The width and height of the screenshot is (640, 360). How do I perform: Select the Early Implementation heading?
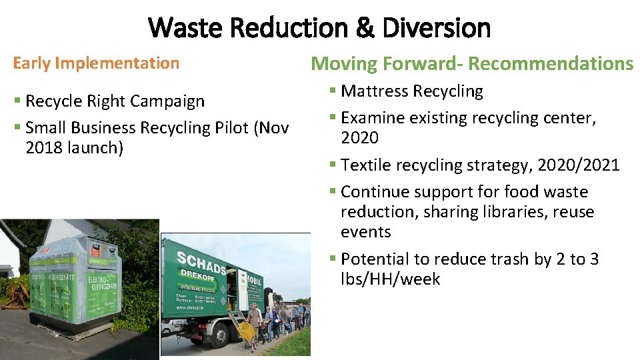pyautogui.click(x=96, y=63)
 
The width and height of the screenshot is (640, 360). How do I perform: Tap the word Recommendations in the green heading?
pyautogui.click(x=550, y=64)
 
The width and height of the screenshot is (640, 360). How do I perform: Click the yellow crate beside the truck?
pyautogui.click(x=247, y=331)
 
